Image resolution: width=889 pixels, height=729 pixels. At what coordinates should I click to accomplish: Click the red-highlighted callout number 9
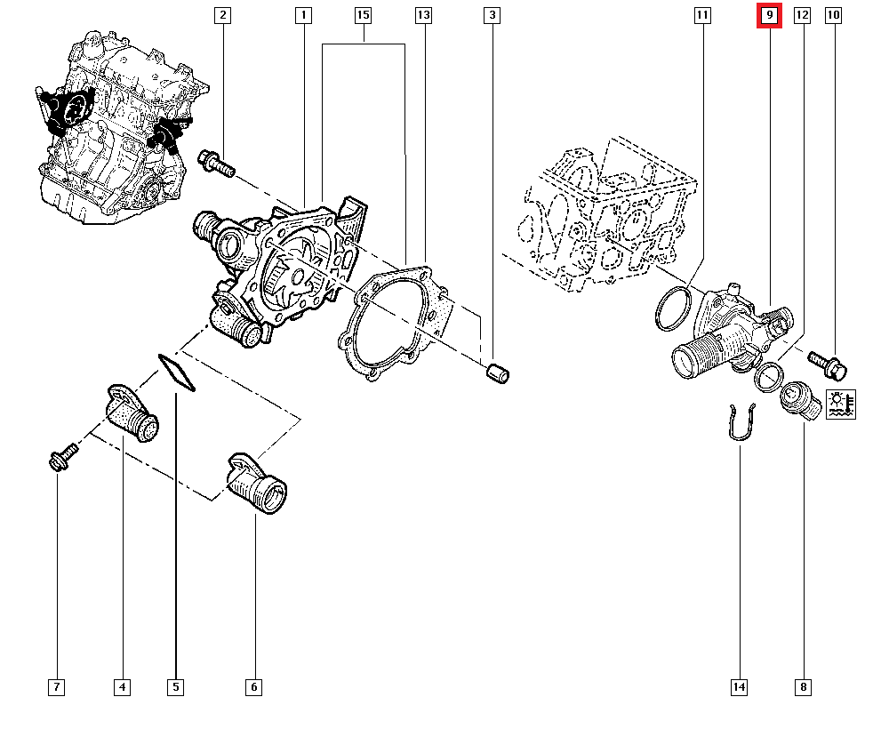click(x=769, y=15)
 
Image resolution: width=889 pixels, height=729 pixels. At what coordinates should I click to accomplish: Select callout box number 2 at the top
click(x=222, y=15)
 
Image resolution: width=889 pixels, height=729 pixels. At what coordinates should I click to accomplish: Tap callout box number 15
click(x=362, y=15)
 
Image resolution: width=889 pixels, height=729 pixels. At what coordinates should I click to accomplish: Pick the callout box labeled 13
click(x=423, y=15)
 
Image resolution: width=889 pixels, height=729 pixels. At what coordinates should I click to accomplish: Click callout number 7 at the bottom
click(x=57, y=686)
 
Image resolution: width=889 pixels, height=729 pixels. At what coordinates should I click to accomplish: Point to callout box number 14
click(x=739, y=686)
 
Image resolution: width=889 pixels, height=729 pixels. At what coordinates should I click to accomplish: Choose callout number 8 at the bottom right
click(x=804, y=686)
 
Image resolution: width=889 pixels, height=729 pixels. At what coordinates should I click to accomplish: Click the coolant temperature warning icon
click(x=840, y=404)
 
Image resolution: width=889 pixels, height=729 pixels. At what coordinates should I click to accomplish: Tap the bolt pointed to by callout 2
click(x=216, y=163)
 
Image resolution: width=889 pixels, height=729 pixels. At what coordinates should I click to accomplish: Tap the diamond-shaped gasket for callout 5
click(x=177, y=373)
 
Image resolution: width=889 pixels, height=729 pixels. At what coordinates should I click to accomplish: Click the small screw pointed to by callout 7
click(x=63, y=457)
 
